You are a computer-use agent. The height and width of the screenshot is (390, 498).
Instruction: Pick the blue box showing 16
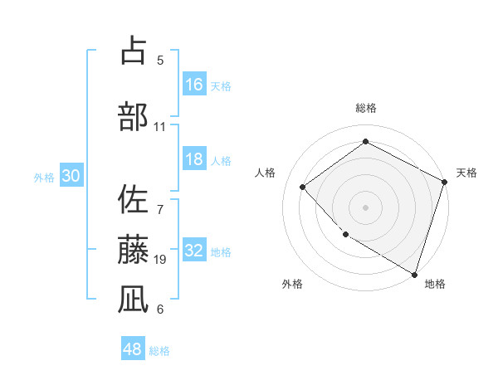[194, 85]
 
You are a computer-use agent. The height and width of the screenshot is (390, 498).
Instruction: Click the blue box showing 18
[194, 159]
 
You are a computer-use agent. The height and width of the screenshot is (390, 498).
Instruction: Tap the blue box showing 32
[194, 251]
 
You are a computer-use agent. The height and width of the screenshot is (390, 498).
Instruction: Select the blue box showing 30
[71, 177]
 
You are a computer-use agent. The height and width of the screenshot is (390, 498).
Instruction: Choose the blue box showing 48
[133, 349]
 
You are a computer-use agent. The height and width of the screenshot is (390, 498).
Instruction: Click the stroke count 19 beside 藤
[161, 260]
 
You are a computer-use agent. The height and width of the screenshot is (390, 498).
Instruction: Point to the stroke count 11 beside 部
[160, 127]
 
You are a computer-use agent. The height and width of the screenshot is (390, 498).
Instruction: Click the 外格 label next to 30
[44, 178]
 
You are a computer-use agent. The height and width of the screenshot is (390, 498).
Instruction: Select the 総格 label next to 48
[159, 351]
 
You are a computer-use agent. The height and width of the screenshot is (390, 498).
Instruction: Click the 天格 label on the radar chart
[466, 173]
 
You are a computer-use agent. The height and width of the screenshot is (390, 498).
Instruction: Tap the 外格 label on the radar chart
[292, 284]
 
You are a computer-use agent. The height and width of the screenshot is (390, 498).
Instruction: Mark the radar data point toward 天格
[445, 182]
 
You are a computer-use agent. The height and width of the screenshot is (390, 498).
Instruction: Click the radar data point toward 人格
[303, 187]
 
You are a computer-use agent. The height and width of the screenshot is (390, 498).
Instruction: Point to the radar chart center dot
[365, 207]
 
